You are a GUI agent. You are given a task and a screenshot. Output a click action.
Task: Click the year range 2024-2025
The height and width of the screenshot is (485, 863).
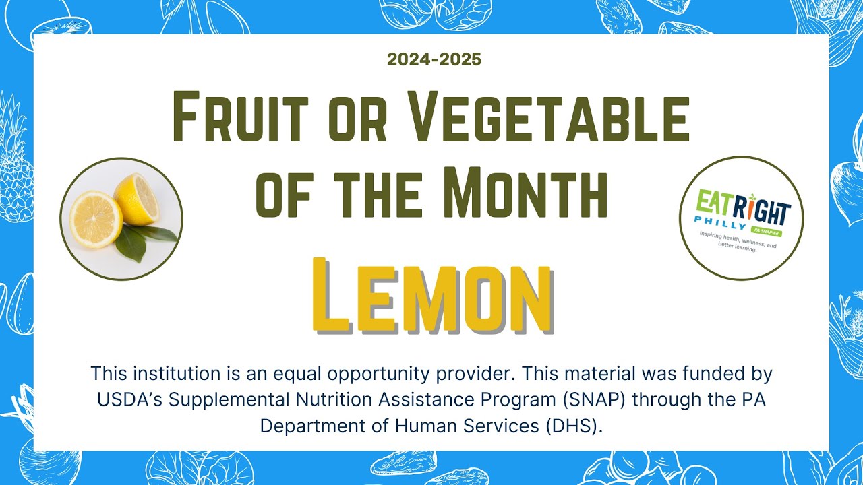click(434, 59)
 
